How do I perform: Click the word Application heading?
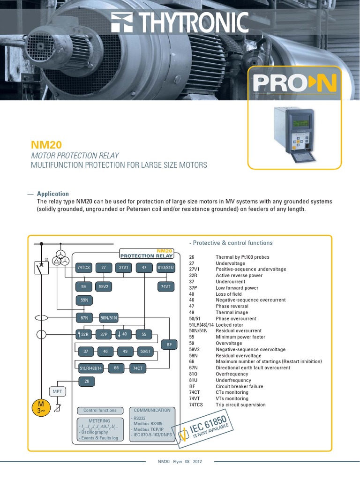coord(53,194)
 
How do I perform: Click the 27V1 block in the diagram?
coord(124,268)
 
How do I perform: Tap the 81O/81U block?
coord(166,268)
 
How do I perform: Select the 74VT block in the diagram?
coord(166,286)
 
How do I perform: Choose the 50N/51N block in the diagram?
coord(109,318)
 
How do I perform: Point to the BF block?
coord(169,345)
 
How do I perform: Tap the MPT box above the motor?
coord(57,391)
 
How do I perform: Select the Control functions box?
coord(100,410)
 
